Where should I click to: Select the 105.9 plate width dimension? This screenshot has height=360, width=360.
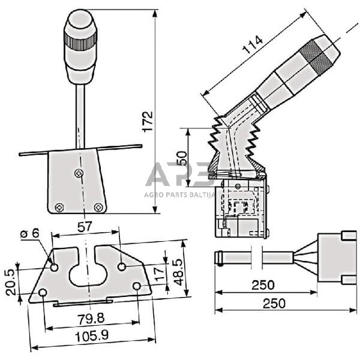(90, 336)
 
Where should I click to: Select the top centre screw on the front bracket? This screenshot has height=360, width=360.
(79, 173)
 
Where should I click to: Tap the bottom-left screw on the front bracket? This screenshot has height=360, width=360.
(59, 207)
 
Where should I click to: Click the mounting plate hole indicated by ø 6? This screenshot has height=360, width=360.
(55, 266)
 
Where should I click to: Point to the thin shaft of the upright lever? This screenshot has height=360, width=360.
(80, 114)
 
